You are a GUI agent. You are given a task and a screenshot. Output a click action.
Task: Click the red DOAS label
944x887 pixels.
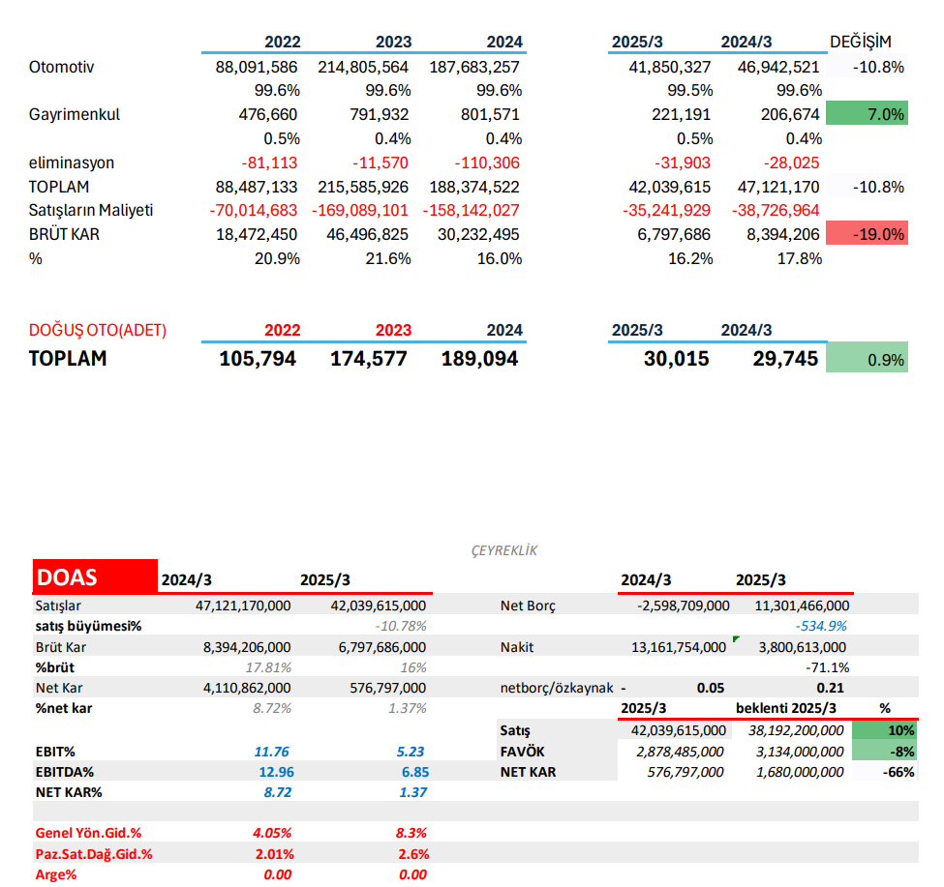67,577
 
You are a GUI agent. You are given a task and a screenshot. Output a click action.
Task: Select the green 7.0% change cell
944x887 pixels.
867,114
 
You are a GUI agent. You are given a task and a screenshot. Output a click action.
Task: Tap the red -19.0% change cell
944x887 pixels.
867,234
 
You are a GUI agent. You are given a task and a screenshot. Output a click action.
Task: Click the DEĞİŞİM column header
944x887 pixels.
861,42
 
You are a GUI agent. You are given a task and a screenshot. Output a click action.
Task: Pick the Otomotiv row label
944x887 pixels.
61,67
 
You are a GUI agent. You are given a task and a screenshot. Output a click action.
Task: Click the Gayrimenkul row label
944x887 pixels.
75,114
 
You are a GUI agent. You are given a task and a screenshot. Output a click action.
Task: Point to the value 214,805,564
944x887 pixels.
363,67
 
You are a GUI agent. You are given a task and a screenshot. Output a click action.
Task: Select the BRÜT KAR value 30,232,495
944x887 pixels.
473,234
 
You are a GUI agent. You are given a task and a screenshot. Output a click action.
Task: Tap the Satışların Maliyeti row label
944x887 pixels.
91,210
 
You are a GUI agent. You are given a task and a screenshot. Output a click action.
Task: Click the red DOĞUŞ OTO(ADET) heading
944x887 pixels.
98,330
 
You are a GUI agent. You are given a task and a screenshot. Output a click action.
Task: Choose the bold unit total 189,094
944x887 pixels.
479,359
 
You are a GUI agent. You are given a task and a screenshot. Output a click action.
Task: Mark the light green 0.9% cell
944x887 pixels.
867,360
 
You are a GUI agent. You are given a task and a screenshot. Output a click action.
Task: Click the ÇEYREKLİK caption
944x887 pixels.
503,550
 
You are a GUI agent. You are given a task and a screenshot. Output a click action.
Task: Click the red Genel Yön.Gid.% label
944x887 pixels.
89,832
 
